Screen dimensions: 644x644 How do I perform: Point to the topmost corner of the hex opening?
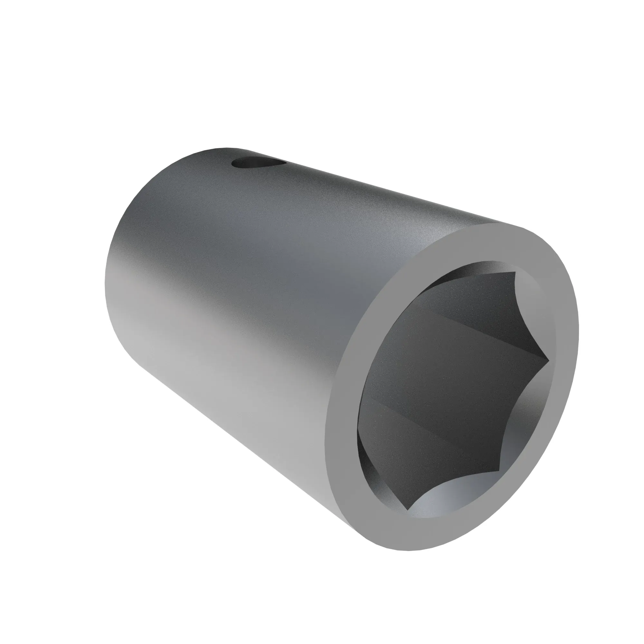click(515, 272)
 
